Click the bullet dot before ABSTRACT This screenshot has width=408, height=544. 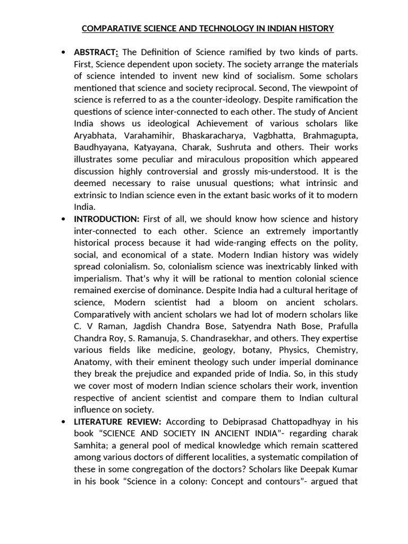(63, 52)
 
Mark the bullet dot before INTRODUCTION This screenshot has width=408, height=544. (63, 219)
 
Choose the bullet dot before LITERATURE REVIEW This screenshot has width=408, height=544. (63, 422)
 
